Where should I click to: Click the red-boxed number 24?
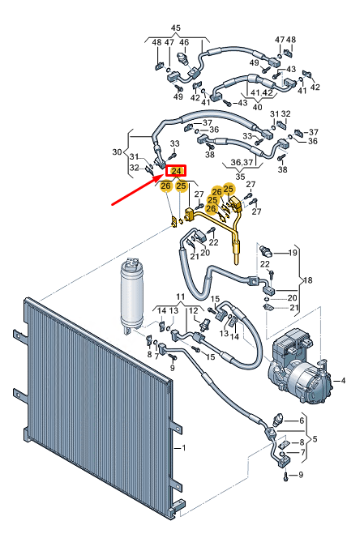[176, 171]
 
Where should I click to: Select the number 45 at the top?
[176, 28]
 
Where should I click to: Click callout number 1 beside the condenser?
[184, 448]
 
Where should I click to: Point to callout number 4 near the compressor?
[343, 380]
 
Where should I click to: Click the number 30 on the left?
[117, 152]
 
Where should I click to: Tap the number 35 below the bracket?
[238, 176]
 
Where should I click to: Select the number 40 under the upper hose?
[258, 106]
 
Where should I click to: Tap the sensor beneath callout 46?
[184, 60]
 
